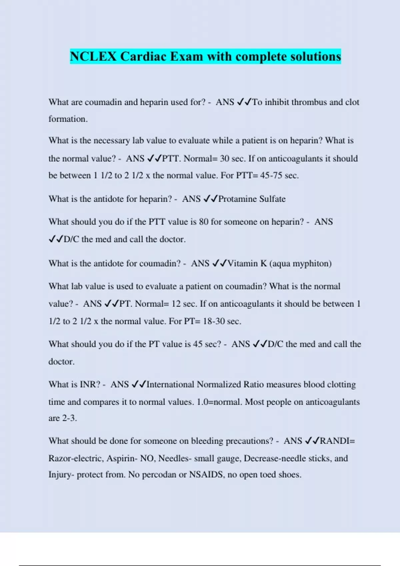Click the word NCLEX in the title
tap(93, 56)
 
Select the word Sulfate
tap(272, 199)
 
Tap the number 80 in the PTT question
tap(204, 222)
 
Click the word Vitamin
tap(242, 263)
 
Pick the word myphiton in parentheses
tap(312, 263)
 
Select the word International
tap(170, 385)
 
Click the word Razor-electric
tap(76, 458)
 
